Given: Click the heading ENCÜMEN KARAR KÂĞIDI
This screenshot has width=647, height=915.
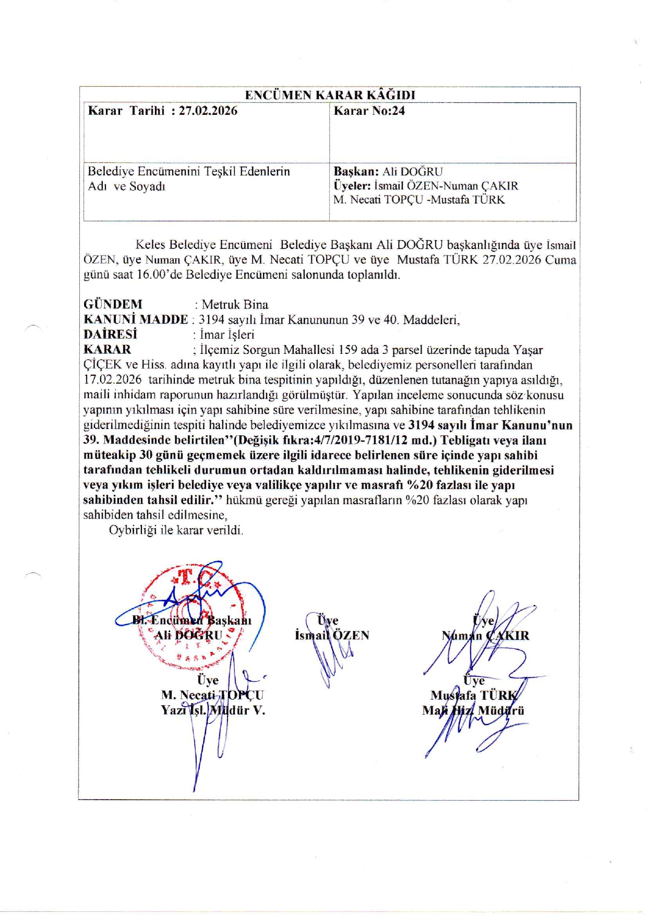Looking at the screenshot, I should click(330, 95).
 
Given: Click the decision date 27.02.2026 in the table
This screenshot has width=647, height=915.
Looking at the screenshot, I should click(208, 111).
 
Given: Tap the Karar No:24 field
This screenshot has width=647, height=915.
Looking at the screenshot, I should click(369, 111).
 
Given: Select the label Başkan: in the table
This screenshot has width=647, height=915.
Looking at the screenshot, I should click(356, 172).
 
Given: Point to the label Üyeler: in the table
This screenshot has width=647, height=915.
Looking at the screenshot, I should click(352, 186).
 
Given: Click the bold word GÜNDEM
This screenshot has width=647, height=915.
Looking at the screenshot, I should click(113, 304).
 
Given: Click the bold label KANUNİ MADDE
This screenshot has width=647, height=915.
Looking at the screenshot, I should click(136, 319).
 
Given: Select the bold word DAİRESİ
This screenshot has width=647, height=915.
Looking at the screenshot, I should click(110, 335).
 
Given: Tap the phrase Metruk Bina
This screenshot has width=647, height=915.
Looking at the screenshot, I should click(235, 304).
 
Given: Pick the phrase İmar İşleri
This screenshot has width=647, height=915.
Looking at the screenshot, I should click(227, 335).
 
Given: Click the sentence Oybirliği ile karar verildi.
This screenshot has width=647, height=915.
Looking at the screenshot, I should click(176, 530).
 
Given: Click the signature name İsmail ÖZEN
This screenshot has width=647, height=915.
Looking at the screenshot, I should click(332, 635).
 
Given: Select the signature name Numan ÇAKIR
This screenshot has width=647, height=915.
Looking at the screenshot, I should click(485, 635).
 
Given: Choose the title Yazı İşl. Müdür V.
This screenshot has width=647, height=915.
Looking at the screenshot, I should click(213, 710).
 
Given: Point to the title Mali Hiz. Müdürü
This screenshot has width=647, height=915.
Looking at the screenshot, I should click(473, 710).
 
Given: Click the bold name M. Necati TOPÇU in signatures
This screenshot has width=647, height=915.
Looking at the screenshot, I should click(212, 695).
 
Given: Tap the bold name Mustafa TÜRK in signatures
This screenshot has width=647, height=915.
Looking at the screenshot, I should click(474, 695).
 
